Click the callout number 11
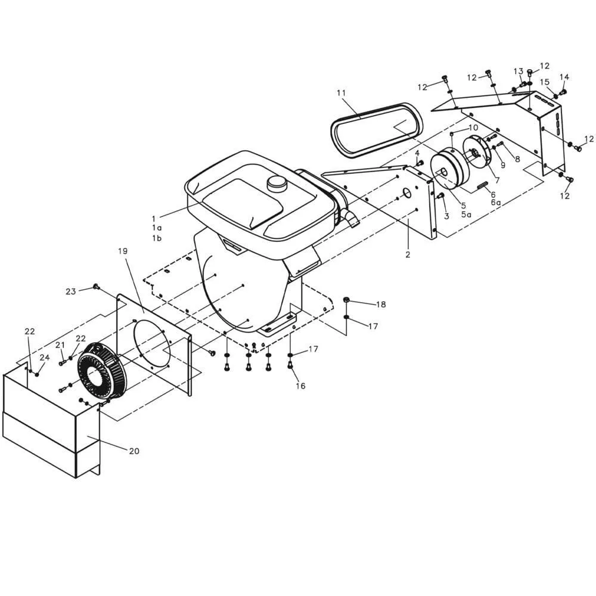(x=341, y=93)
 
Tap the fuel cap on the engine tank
(x=277, y=182)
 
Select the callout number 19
(x=123, y=252)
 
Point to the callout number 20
(x=134, y=451)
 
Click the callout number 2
(x=408, y=254)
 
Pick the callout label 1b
(x=157, y=238)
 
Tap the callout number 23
(x=71, y=291)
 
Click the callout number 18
(x=381, y=305)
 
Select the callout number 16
(x=300, y=386)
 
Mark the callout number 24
(x=45, y=358)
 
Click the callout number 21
(x=60, y=345)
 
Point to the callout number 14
(x=564, y=77)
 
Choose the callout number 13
(x=519, y=72)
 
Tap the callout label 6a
(x=496, y=203)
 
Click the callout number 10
(x=473, y=128)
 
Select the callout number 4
(x=417, y=153)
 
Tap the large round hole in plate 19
(x=153, y=343)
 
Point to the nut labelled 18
(x=346, y=299)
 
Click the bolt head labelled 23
(x=95, y=287)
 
